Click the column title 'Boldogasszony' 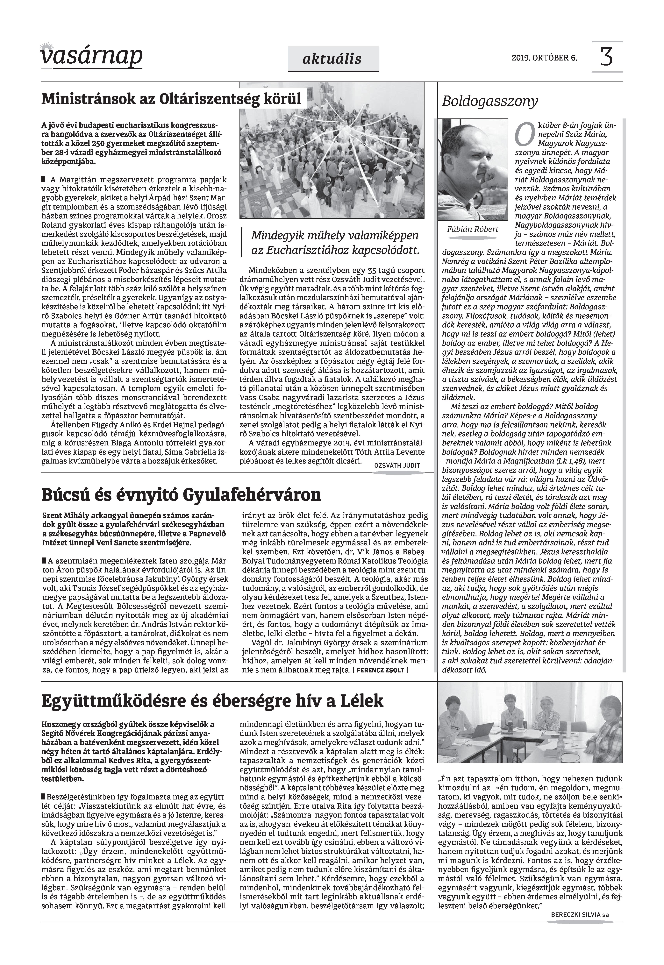point(490,101)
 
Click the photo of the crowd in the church point(332,150)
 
